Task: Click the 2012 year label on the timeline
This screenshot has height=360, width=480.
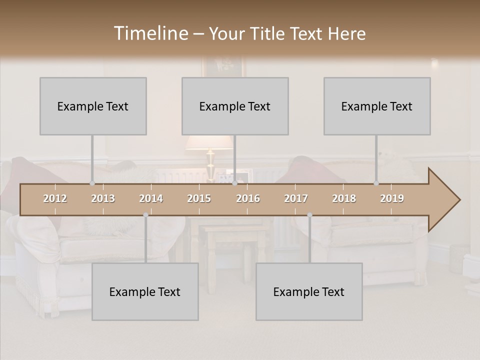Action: pos(55,198)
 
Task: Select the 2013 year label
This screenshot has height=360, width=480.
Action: pos(103,198)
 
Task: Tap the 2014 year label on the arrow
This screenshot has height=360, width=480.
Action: pos(151,198)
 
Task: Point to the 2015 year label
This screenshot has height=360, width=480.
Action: pos(199,198)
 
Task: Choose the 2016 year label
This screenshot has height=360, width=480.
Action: pos(248,198)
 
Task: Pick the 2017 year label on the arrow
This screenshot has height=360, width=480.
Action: pos(296,198)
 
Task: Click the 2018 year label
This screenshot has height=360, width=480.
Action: pos(344,198)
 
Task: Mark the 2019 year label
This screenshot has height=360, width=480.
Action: pos(392,198)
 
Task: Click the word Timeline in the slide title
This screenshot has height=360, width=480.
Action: pos(150,33)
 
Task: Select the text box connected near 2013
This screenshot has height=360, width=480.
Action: pos(93,106)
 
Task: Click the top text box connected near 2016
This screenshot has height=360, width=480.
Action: pos(235,106)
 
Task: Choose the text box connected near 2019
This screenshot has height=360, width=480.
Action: pos(377,106)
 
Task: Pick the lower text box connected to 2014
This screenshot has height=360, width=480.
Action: pos(145,291)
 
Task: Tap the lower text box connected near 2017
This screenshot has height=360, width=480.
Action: pos(309,291)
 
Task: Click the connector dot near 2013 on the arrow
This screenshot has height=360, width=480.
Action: pos(92,183)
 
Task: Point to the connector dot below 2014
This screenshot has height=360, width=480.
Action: pos(145,215)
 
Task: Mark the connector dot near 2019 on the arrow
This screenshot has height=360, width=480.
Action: pos(376,183)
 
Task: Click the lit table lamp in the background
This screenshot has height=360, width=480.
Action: pos(209,150)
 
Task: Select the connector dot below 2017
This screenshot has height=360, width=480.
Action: pos(309,215)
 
